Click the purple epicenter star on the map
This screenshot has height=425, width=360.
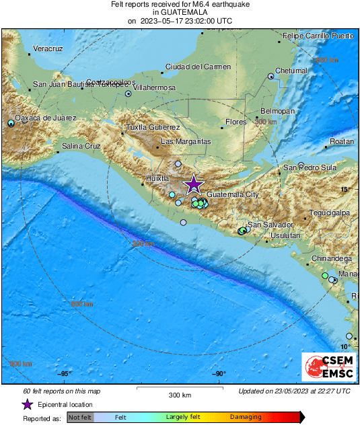pos(194,184)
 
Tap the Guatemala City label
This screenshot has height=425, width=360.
pos(233,194)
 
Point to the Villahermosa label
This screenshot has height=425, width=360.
pos(155,88)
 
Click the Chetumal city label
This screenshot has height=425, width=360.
pos(291,71)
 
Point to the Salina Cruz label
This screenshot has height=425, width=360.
pos(81,146)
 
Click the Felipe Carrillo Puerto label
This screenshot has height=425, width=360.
pos(318,35)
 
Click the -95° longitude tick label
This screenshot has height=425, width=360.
pos(65,374)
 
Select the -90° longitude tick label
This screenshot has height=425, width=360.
pos(219,374)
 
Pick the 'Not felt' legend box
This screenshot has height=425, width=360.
pos(80,418)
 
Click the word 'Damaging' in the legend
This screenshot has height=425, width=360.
pos(246,418)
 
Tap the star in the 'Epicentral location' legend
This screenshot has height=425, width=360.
pos(27,404)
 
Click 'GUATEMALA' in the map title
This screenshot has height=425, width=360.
pos(180,12)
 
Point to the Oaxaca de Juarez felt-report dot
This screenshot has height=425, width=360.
pos(11,124)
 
